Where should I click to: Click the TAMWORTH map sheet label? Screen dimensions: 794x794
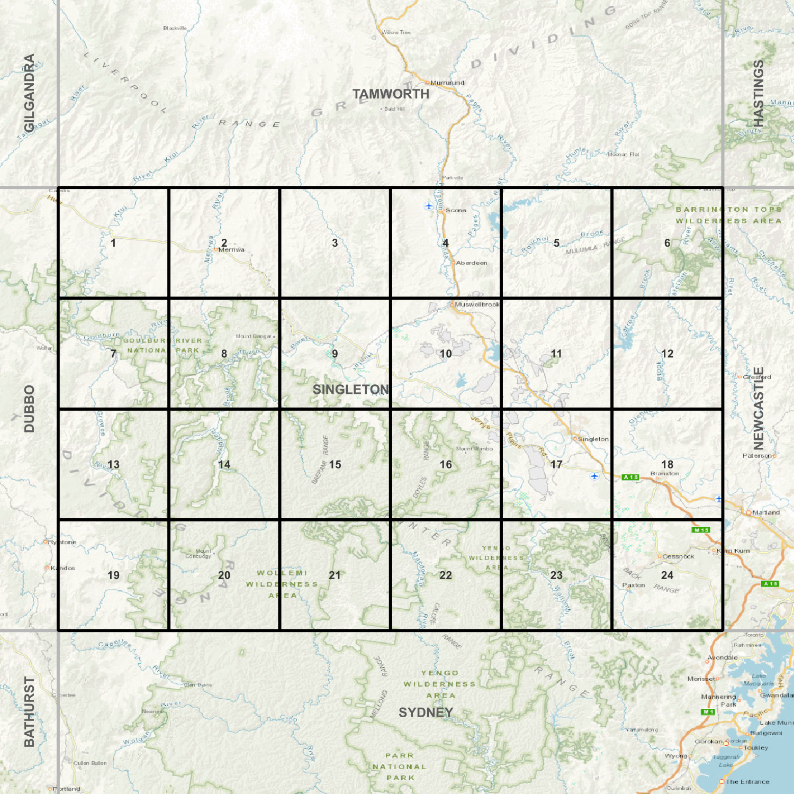(391, 94)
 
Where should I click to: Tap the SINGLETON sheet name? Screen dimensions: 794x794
(350, 390)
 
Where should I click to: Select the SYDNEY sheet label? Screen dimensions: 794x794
(426, 712)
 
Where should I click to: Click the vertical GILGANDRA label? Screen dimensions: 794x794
(29, 93)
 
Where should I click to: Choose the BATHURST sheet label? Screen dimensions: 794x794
(29, 711)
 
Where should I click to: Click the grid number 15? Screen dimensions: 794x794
(335, 465)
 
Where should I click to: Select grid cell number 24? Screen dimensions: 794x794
(667, 575)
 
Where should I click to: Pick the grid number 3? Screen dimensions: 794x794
(335, 243)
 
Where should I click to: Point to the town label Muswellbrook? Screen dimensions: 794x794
(477, 304)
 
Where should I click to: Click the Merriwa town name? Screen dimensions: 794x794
(231, 250)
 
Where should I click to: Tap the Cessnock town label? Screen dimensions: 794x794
(678, 556)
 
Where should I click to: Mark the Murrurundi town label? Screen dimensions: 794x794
(448, 83)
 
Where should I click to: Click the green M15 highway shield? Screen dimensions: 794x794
(701, 530)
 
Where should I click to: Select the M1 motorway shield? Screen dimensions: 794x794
(708, 712)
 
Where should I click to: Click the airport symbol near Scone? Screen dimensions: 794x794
(429, 206)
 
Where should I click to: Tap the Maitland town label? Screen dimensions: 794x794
(765, 512)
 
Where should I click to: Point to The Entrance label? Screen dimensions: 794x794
(747, 782)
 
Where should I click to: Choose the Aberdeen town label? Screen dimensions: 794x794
(472, 263)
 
